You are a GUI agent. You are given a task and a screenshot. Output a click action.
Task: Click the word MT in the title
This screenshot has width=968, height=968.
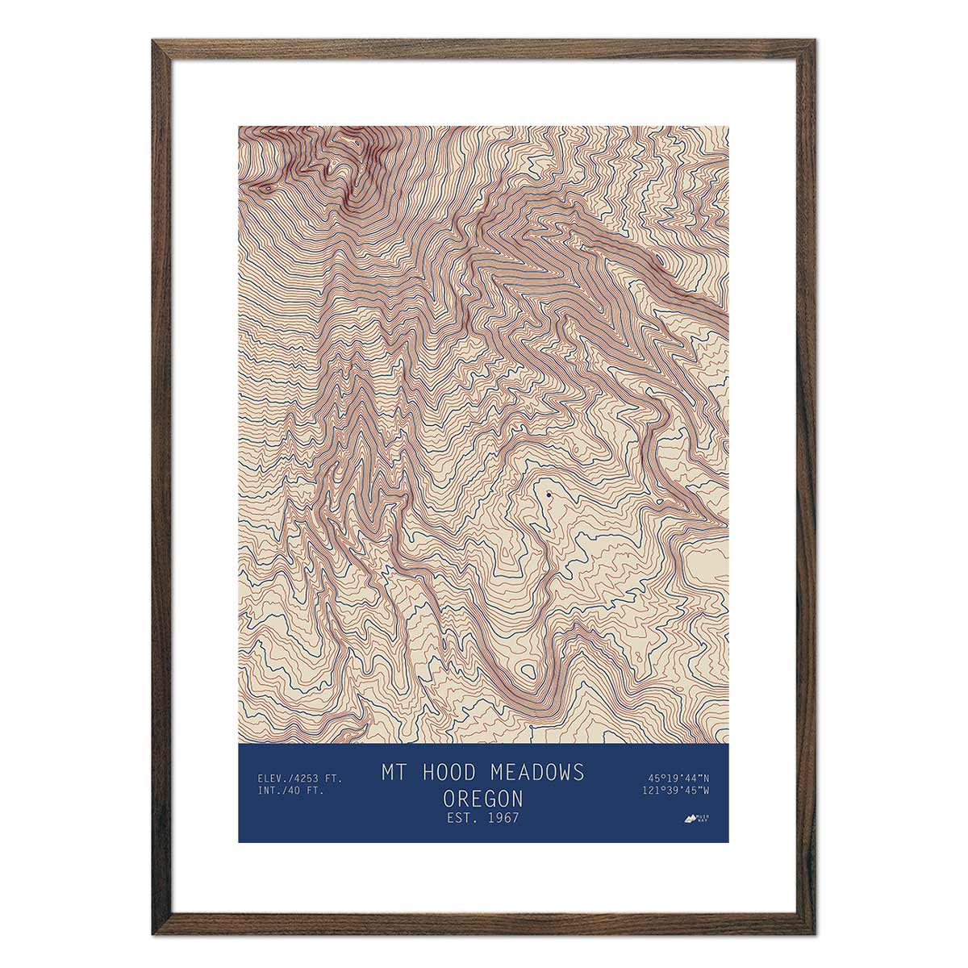point(392,772)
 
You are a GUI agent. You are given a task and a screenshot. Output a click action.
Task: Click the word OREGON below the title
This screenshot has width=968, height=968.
point(482,799)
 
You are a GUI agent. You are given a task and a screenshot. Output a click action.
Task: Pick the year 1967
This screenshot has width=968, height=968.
point(503,818)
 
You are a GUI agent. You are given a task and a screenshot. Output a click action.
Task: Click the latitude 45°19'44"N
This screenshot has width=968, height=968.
point(678,778)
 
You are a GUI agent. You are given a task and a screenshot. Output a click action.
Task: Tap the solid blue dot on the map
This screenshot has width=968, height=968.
point(549,494)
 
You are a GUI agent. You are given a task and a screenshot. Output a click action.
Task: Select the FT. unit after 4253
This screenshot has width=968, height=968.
point(336,778)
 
